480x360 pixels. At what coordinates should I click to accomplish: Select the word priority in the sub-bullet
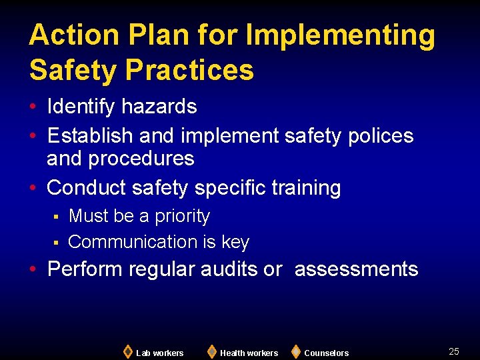pos(182,217)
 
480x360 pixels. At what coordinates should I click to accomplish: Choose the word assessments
pos(356,270)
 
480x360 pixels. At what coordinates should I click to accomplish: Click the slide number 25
pos(454,351)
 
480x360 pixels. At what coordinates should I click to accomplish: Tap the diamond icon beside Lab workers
pos(128,351)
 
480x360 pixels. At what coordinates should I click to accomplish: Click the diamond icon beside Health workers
pos(211,351)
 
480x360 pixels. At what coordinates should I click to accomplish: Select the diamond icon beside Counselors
pos(296,351)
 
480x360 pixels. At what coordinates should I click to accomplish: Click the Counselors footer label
pos(326,353)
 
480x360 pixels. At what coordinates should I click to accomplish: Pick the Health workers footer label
pos(249,353)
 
